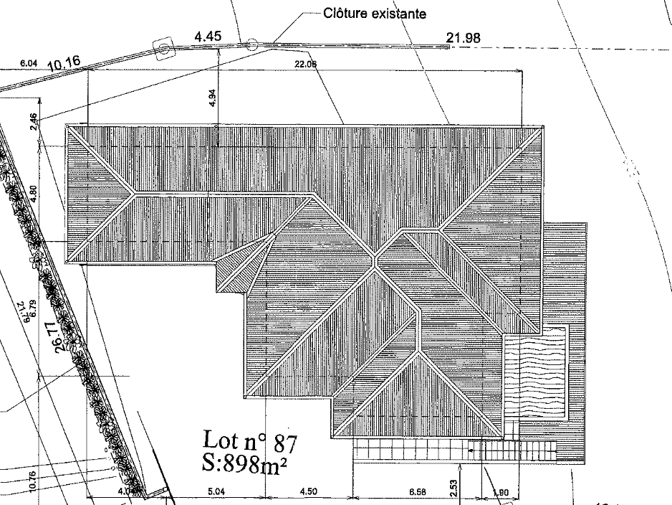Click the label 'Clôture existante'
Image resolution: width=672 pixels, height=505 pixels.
365,13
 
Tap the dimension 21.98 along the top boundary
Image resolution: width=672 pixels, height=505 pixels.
464,39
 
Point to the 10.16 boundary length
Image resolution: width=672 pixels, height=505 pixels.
64,65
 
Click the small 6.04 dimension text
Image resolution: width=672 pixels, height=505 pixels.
29,64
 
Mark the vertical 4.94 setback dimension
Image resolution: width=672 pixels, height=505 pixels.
213,98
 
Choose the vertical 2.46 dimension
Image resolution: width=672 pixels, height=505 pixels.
33,121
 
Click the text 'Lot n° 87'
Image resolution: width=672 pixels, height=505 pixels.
250,439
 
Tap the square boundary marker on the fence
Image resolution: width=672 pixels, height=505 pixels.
164,49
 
